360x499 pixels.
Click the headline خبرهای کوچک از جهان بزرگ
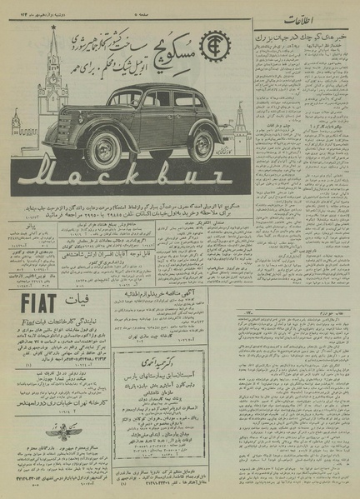pos(303,39)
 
